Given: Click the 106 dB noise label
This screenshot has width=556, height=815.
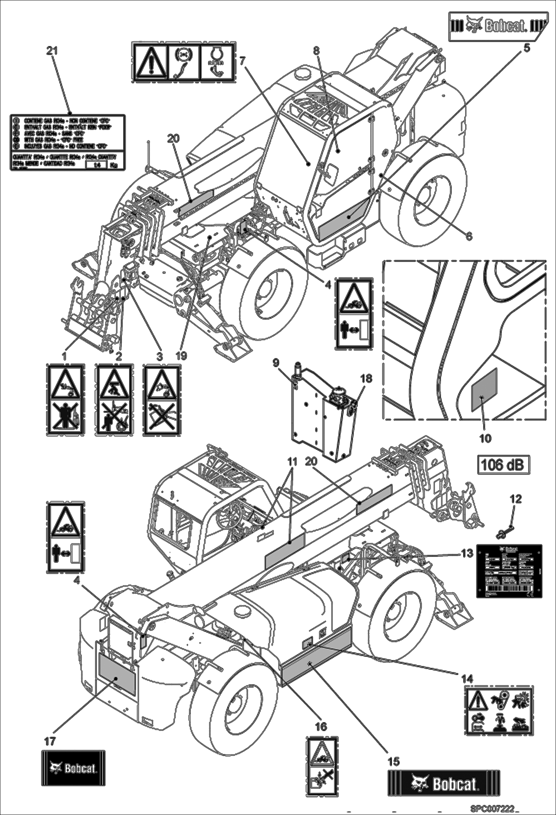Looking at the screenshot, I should coord(503,464).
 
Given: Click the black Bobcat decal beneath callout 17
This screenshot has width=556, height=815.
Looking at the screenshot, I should coord(73,768).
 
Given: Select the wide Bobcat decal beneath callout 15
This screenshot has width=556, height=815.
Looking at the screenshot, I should coord(444,783).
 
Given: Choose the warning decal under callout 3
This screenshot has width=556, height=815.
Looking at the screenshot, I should coord(162,400).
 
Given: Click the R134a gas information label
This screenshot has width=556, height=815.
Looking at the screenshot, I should coord(68,142).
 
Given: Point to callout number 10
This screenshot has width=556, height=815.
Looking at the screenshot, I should coord(485,438).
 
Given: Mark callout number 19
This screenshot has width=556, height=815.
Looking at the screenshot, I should coord(181,356).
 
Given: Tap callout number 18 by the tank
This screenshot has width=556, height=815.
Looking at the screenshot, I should coord(366,379).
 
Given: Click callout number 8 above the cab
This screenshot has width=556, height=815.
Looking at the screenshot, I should coord(316,51).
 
